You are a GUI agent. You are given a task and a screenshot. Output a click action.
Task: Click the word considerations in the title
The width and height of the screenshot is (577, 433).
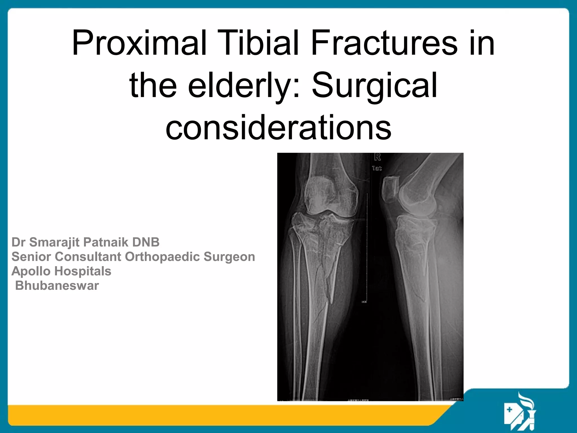[x=278, y=127]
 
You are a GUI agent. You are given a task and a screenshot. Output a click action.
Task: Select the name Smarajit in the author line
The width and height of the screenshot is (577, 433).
[x=54, y=242]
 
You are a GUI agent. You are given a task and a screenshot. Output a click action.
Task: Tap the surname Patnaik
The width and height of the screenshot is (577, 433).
[x=106, y=242]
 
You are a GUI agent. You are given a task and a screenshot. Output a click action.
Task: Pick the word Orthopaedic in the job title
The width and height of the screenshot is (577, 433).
[x=162, y=257]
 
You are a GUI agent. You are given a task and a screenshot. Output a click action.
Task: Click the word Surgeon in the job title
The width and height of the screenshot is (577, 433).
[x=229, y=257]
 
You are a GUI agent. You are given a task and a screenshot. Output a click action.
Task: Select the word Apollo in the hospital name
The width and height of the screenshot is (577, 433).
[x=30, y=271]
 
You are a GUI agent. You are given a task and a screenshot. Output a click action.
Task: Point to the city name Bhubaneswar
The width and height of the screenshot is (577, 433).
[x=57, y=286]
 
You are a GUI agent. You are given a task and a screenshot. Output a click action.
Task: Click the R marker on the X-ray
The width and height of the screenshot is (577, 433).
[x=377, y=157]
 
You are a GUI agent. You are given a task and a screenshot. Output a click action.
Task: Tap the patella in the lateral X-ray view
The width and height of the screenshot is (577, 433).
[x=390, y=189]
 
